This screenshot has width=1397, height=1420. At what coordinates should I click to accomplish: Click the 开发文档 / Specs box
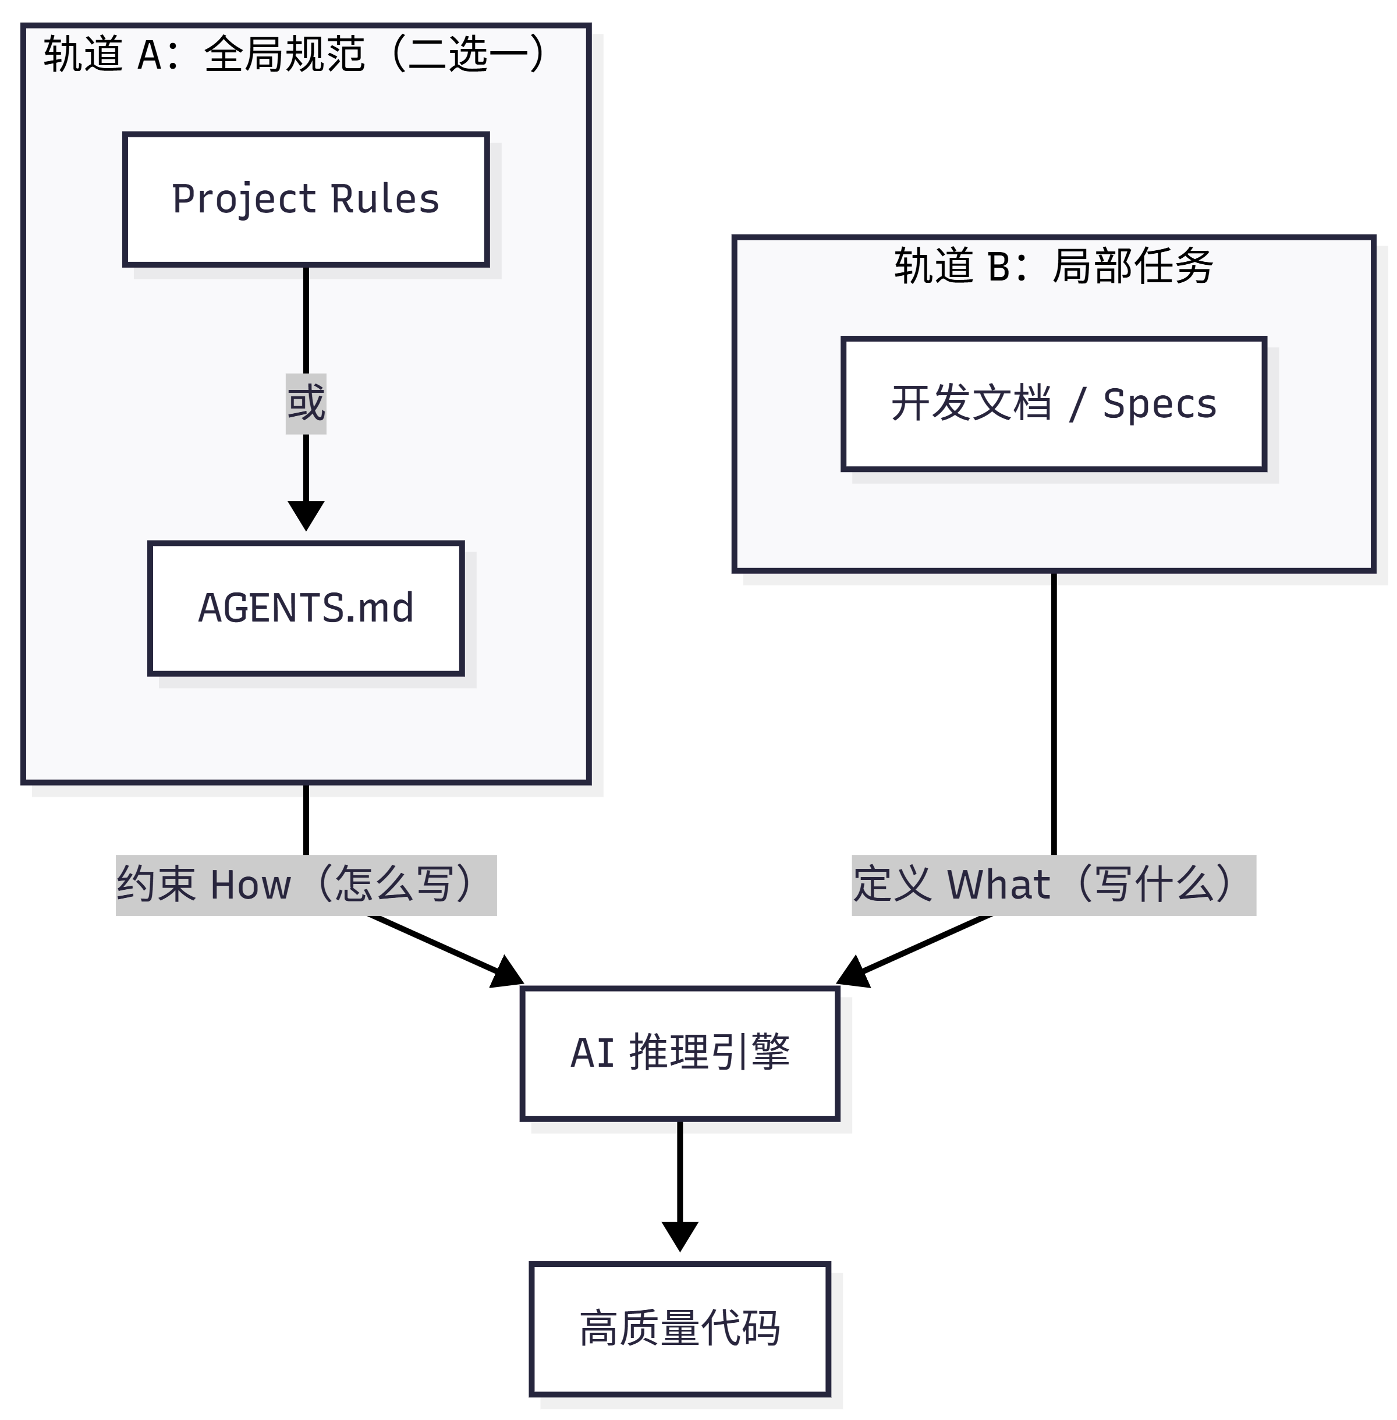[1054, 403]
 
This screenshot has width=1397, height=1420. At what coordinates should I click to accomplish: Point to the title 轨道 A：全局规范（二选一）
[293, 54]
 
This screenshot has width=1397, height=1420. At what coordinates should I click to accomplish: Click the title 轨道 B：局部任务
[1054, 265]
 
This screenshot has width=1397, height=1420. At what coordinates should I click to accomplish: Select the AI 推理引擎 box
[679, 1053]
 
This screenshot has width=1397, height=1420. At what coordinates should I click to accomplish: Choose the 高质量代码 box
[679, 1328]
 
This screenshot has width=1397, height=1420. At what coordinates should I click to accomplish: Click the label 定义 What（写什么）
[1054, 885]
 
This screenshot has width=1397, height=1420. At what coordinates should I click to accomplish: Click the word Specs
[1160, 404]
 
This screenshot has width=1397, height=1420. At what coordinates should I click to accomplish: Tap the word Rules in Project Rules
[385, 199]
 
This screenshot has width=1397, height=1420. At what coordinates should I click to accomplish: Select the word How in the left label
[250, 885]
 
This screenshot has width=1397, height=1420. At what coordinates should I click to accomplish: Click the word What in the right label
[998, 885]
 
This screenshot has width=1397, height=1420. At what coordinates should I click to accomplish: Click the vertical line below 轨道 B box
[1054, 712]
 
